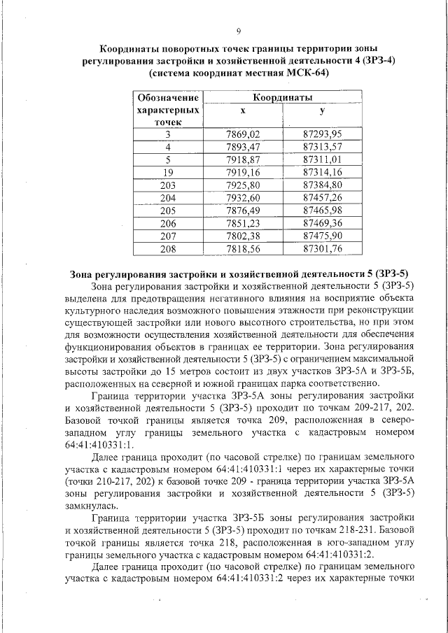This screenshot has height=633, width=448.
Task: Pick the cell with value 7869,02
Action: [243, 134]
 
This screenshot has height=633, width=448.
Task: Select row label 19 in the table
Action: [167, 172]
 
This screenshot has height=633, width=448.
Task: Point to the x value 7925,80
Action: [243, 185]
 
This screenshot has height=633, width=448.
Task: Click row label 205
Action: [167, 211]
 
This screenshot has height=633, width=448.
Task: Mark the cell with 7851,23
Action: [243, 223]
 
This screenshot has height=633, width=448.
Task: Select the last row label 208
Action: [167, 248]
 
